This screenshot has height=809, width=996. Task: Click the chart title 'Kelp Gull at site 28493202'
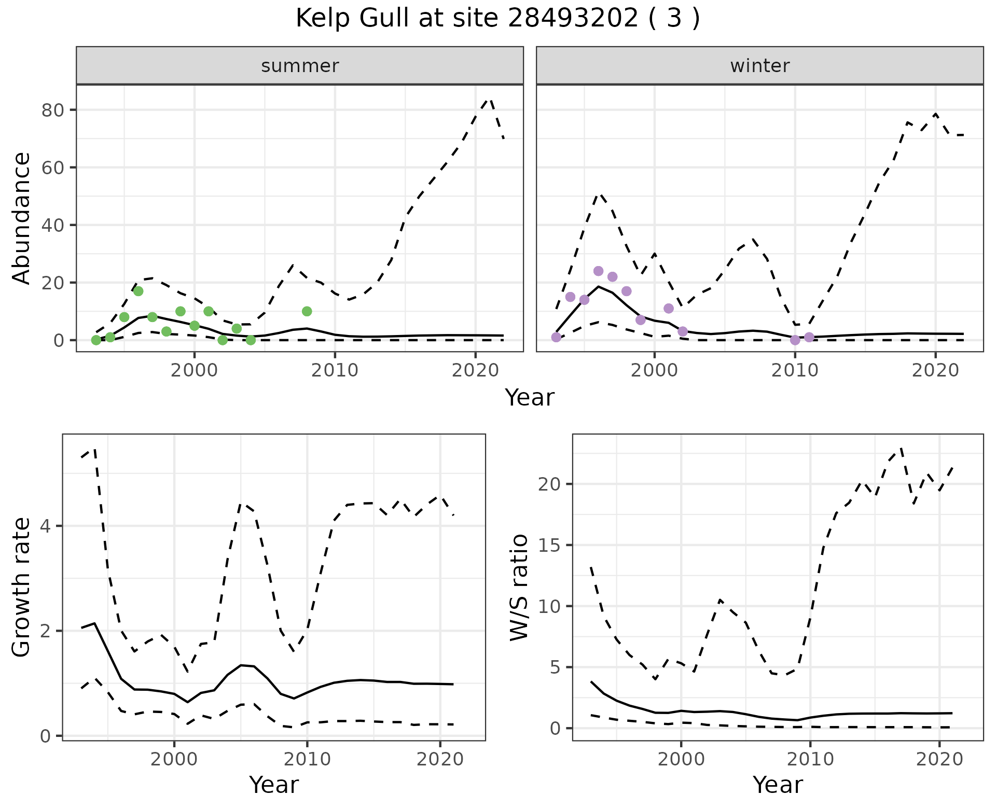(x=497, y=19)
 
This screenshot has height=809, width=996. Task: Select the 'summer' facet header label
(x=300, y=66)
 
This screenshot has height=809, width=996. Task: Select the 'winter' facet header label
(x=759, y=66)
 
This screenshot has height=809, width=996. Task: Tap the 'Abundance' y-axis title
(x=21, y=218)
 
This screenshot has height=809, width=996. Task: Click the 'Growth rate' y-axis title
(x=21, y=587)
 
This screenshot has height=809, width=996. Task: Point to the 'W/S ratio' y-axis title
(x=518, y=587)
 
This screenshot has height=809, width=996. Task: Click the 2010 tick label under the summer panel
(x=335, y=370)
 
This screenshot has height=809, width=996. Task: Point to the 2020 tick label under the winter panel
(x=935, y=370)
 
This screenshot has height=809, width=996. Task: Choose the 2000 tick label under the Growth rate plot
(x=174, y=759)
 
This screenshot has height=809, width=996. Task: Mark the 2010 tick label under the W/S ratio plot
(x=810, y=759)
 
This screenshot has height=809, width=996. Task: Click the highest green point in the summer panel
(x=138, y=291)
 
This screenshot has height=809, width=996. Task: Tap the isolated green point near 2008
(x=307, y=311)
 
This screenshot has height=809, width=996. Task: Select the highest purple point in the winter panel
(x=598, y=271)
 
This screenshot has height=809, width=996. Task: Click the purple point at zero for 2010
(x=795, y=340)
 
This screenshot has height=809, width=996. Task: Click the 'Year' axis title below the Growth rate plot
(x=274, y=785)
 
